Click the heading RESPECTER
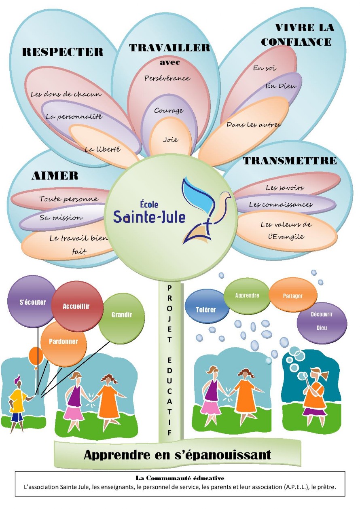(x=63, y=52)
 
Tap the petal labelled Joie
(x=171, y=138)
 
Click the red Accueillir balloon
(x=77, y=306)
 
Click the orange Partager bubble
(x=293, y=296)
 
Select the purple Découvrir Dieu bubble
(x=322, y=323)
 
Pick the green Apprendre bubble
(x=247, y=296)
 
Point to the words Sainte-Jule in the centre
(x=149, y=217)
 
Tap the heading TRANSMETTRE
(x=290, y=161)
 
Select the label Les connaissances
(x=281, y=204)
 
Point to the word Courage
(x=169, y=110)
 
